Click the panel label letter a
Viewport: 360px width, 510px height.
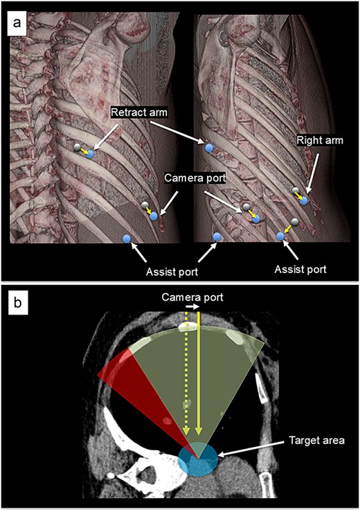click(17, 24)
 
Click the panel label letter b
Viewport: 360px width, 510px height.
click(17, 303)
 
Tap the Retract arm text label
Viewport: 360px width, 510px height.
click(139, 112)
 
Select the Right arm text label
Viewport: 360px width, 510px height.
click(320, 141)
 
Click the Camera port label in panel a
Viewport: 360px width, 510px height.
click(195, 178)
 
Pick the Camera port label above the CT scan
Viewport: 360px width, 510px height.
click(192, 297)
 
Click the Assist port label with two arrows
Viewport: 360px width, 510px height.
click(172, 272)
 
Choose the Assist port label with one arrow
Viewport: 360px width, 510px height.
click(300, 270)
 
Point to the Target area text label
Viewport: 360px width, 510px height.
click(316, 441)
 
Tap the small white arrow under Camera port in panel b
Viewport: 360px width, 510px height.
click(192, 307)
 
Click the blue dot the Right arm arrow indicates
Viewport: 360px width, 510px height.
click(303, 200)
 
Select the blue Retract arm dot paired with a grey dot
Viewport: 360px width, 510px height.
click(90, 154)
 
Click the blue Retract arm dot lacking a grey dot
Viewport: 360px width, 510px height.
click(209, 148)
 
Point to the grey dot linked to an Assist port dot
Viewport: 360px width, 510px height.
click(294, 222)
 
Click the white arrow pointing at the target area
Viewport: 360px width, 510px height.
click(251, 448)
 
